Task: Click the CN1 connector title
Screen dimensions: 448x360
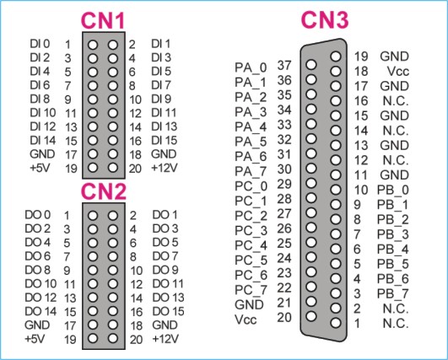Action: point(103,20)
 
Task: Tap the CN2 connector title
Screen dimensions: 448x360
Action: point(104,191)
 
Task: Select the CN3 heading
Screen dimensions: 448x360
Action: point(325,20)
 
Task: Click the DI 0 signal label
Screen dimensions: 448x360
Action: point(40,44)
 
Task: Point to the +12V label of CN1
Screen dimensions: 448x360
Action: point(164,168)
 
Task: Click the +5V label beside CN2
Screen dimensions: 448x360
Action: point(35,339)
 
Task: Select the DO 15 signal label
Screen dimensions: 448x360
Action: point(168,311)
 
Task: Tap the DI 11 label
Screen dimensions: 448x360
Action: point(164,113)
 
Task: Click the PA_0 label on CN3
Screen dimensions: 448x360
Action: point(251,68)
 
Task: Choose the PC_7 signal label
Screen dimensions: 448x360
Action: point(251,290)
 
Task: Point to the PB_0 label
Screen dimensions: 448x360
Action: point(393,191)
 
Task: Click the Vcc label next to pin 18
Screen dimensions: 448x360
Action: point(398,72)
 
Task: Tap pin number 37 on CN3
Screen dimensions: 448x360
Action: point(284,66)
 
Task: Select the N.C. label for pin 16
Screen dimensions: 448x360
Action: point(396,101)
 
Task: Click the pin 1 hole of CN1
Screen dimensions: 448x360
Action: point(93,45)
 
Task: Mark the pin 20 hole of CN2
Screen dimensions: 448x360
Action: point(113,339)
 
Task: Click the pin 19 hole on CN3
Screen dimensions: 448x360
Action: point(336,56)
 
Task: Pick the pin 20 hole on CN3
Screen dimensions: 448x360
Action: point(310,316)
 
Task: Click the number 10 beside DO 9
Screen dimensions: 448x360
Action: point(137,271)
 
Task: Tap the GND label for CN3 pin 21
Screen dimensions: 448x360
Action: point(249,304)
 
